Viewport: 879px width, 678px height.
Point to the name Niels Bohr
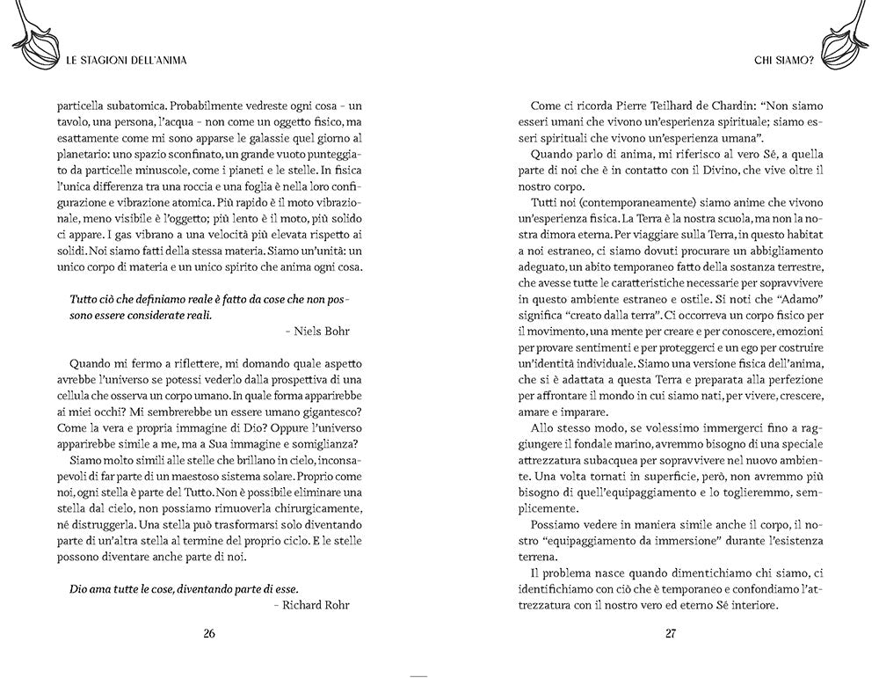(x=316, y=330)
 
